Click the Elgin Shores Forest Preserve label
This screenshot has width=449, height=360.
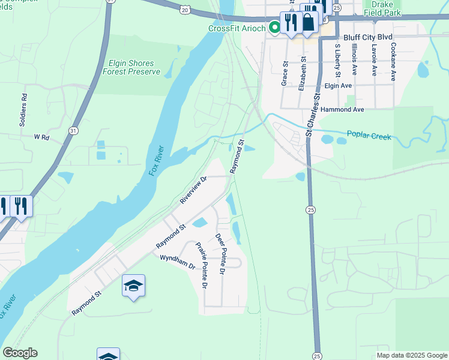131,67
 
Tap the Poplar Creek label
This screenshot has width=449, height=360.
369,136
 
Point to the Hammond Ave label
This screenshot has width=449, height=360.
342,110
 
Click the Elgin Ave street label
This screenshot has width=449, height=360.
337,86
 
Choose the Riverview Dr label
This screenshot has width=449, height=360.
193,190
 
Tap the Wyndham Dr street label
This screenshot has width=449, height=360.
178,262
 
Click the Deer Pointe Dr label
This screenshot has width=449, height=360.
220,254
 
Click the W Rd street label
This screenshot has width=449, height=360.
41,137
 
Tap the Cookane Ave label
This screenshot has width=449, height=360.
393,58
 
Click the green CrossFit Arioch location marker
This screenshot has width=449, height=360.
274,26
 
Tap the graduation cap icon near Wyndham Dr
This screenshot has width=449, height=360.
133,286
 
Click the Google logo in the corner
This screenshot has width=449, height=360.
20,353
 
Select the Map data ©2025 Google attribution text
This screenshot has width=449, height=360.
411,355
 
